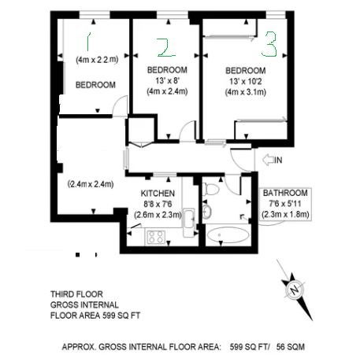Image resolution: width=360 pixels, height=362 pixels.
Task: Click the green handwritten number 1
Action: (88, 41)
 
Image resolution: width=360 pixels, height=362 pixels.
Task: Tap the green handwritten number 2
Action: (166, 47)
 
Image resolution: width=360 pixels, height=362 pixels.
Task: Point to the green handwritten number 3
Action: (269, 44)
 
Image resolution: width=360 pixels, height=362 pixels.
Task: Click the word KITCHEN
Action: (158, 194)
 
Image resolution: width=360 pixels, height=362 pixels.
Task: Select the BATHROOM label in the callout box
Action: (285, 193)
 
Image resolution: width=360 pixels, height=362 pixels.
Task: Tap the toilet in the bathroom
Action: (211, 189)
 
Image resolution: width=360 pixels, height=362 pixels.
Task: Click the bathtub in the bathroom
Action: (228, 235)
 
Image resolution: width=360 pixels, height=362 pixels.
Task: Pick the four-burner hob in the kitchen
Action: (156, 237)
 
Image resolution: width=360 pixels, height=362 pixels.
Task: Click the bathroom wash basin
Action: (207, 212)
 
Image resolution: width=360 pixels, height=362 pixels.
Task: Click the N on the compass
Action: (295, 290)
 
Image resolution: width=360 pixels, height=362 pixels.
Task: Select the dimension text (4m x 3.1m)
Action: (246, 92)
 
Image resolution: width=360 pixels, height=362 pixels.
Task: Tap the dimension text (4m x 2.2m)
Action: (97, 60)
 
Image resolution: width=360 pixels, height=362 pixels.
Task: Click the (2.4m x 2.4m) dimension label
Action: (91, 184)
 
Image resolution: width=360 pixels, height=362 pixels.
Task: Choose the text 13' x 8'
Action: (167, 80)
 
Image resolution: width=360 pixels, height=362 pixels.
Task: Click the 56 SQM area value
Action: (291, 347)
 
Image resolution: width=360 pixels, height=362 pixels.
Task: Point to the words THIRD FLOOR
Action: (76, 294)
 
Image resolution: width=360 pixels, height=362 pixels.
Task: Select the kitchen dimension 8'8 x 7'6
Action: (158, 204)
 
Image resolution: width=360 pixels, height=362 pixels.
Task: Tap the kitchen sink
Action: (188, 219)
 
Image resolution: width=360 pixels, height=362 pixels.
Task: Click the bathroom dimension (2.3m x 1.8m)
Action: (285, 214)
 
